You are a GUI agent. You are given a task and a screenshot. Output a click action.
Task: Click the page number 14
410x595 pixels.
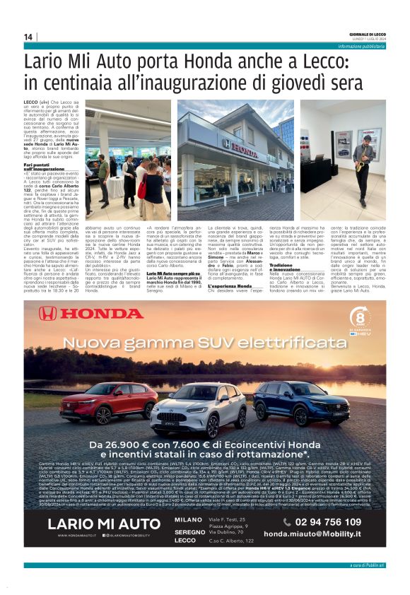click(x=28, y=37)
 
